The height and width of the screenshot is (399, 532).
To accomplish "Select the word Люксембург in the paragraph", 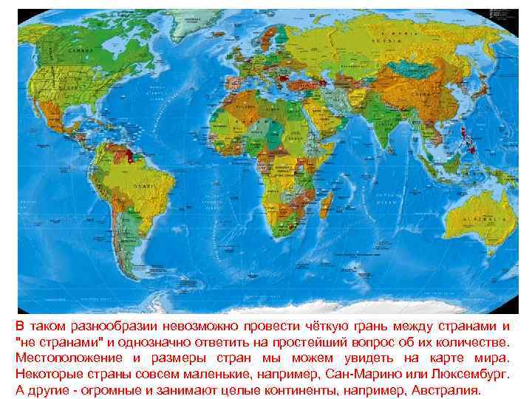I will (x=468, y=374).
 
